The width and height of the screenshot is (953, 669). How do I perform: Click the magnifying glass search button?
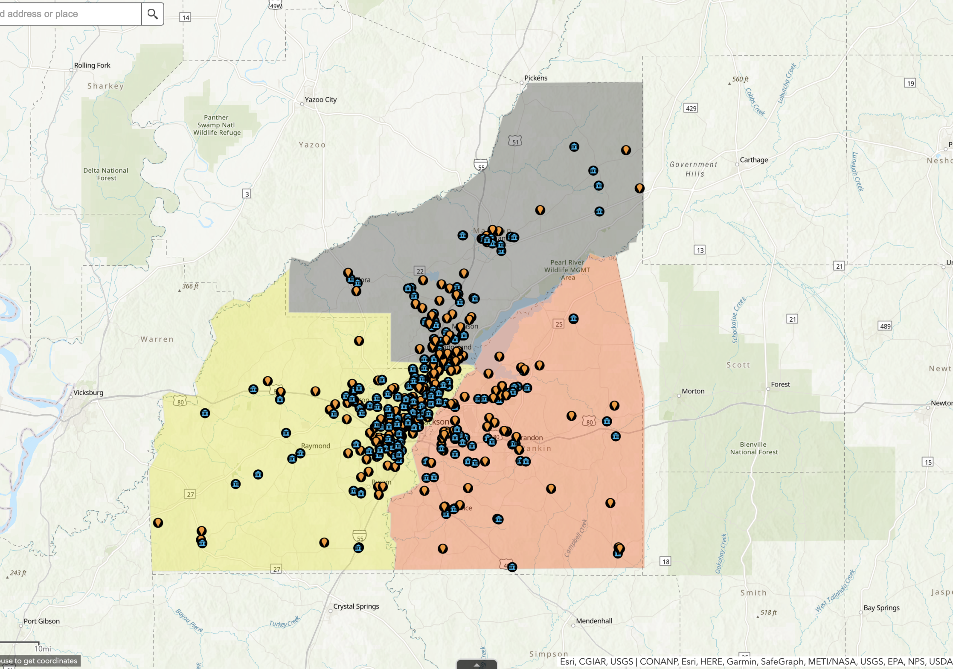click(x=152, y=14)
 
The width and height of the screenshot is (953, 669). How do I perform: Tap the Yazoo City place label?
click(x=320, y=100)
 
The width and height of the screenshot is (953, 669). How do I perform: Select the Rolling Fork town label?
click(x=92, y=65)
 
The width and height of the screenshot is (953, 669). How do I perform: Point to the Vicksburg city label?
click(x=88, y=393)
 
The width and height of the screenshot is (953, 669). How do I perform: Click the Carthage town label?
click(x=754, y=160)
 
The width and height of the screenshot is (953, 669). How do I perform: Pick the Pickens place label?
click(x=536, y=78)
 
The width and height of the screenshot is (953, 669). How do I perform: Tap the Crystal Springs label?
click(x=356, y=606)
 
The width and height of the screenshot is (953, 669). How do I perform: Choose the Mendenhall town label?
click(x=594, y=621)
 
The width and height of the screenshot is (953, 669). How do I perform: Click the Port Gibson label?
click(x=41, y=621)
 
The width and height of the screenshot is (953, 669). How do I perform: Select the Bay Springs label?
click(x=881, y=608)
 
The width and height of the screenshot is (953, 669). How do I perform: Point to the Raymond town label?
click(x=316, y=446)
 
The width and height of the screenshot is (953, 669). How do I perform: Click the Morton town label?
click(x=693, y=391)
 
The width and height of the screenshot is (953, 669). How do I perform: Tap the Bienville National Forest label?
click(x=754, y=448)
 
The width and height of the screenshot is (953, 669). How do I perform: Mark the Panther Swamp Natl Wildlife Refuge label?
click(x=217, y=125)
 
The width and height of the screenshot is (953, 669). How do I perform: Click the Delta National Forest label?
click(x=106, y=174)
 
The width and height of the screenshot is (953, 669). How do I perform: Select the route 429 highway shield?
click(x=691, y=108)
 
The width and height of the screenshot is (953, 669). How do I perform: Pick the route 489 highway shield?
click(x=885, y=326)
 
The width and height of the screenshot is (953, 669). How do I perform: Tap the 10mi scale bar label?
click(x=42, y=649)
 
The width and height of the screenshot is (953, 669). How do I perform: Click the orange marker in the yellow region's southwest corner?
click(x=158, y=523)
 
